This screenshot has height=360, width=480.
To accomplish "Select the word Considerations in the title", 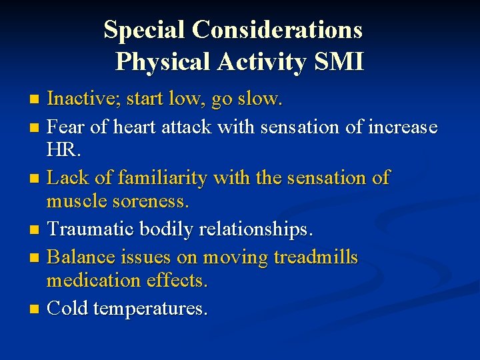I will pos(278,30).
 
